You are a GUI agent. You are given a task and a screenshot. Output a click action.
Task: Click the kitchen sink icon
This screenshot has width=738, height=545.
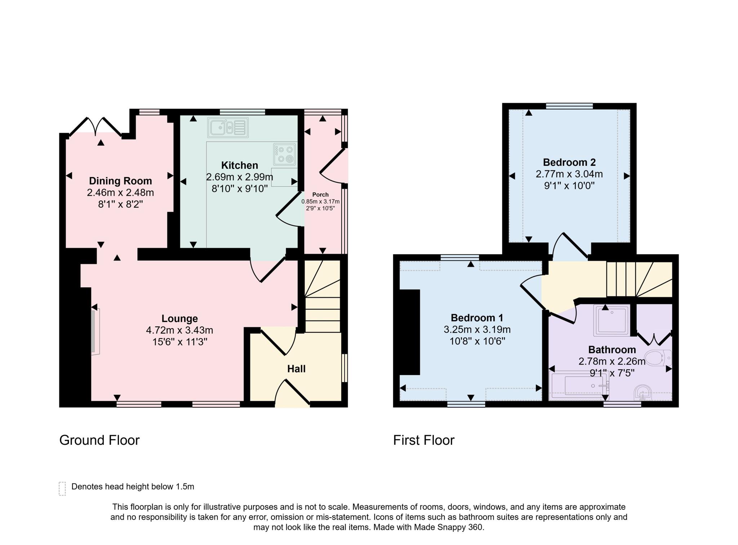click(228, 128)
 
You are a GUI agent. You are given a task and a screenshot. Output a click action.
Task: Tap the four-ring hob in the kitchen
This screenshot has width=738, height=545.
click(285, 154)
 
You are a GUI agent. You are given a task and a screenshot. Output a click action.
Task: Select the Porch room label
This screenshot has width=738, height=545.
click(320, 195)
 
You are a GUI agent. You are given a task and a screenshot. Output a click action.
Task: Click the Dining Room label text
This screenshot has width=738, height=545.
click(120, 181)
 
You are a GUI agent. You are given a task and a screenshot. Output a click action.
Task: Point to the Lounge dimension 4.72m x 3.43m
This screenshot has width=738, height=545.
click(179, 330)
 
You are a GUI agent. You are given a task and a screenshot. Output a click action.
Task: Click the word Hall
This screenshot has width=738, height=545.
click(296, 369)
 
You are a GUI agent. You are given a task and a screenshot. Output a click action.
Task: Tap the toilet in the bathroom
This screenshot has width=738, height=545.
click(658, 358)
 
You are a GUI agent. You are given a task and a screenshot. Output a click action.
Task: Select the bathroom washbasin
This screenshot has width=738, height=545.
click(643, 393)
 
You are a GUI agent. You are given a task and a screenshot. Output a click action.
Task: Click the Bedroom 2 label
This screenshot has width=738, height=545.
click(569, 162)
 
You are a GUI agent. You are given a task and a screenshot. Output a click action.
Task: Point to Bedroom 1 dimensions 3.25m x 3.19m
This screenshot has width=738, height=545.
click(477, 329)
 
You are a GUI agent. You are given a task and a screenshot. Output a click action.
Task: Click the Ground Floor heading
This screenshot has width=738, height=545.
click(99, 440)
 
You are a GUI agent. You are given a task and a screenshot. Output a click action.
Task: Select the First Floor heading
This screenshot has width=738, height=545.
click(424, 440)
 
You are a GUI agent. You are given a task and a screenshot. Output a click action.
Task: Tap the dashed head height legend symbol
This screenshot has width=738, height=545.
click(62, 489)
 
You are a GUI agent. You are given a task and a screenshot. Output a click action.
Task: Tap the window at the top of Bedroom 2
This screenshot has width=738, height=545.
click(569, 106)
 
